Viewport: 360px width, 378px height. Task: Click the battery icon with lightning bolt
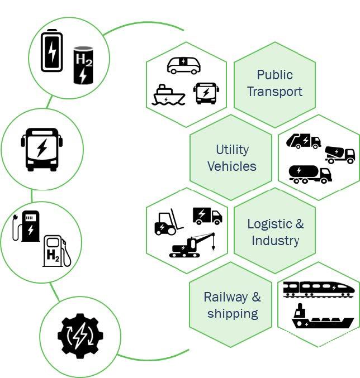click(x=52, y=51)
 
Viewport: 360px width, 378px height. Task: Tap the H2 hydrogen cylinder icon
click(x=83, y=65)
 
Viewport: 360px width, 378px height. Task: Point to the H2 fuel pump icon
click(x=56, y=251)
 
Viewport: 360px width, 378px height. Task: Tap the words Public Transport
click(x=274, y=83)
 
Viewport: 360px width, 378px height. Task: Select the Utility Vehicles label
click(x=231, y=157)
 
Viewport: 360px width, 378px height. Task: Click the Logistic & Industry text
click(x=275, y=232)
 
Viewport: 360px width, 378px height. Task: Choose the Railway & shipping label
click(x=232, y=305)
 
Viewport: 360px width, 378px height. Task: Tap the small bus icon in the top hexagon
click(x=206, y=93)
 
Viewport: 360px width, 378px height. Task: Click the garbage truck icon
click(x=304, y=141)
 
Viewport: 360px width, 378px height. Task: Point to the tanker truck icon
click(x=310, y=174)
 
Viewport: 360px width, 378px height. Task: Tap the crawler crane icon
click(x=192, y=246)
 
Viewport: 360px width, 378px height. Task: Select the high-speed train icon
click(x=319, y=288)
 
